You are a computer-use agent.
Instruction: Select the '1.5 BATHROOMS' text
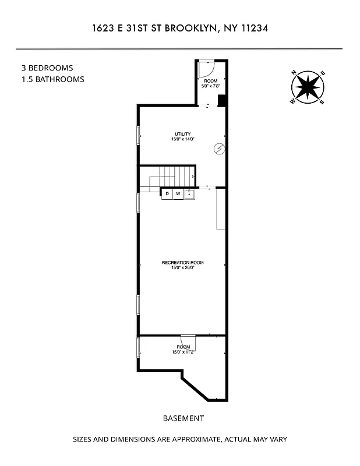(52, 79)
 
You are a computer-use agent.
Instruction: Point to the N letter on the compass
(294, 73)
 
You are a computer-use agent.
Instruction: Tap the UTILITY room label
(182, 134)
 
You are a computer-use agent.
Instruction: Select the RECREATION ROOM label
(182, 263)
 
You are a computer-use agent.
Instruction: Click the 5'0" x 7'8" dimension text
(210, 86)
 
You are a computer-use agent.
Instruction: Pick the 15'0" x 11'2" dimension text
(183, 352)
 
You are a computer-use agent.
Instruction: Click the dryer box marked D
(167, 193)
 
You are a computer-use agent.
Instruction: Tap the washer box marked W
(178, 193)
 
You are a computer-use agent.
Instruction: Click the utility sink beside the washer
(189, 193)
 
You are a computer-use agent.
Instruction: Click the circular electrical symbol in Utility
(219, 149)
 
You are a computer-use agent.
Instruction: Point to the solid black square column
(221, 100)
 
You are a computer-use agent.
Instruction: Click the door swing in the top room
(206, 69)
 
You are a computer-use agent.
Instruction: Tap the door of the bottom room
(188, 341)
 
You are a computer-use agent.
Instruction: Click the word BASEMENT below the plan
(183, 418)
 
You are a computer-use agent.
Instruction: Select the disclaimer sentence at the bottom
(179, 439)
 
